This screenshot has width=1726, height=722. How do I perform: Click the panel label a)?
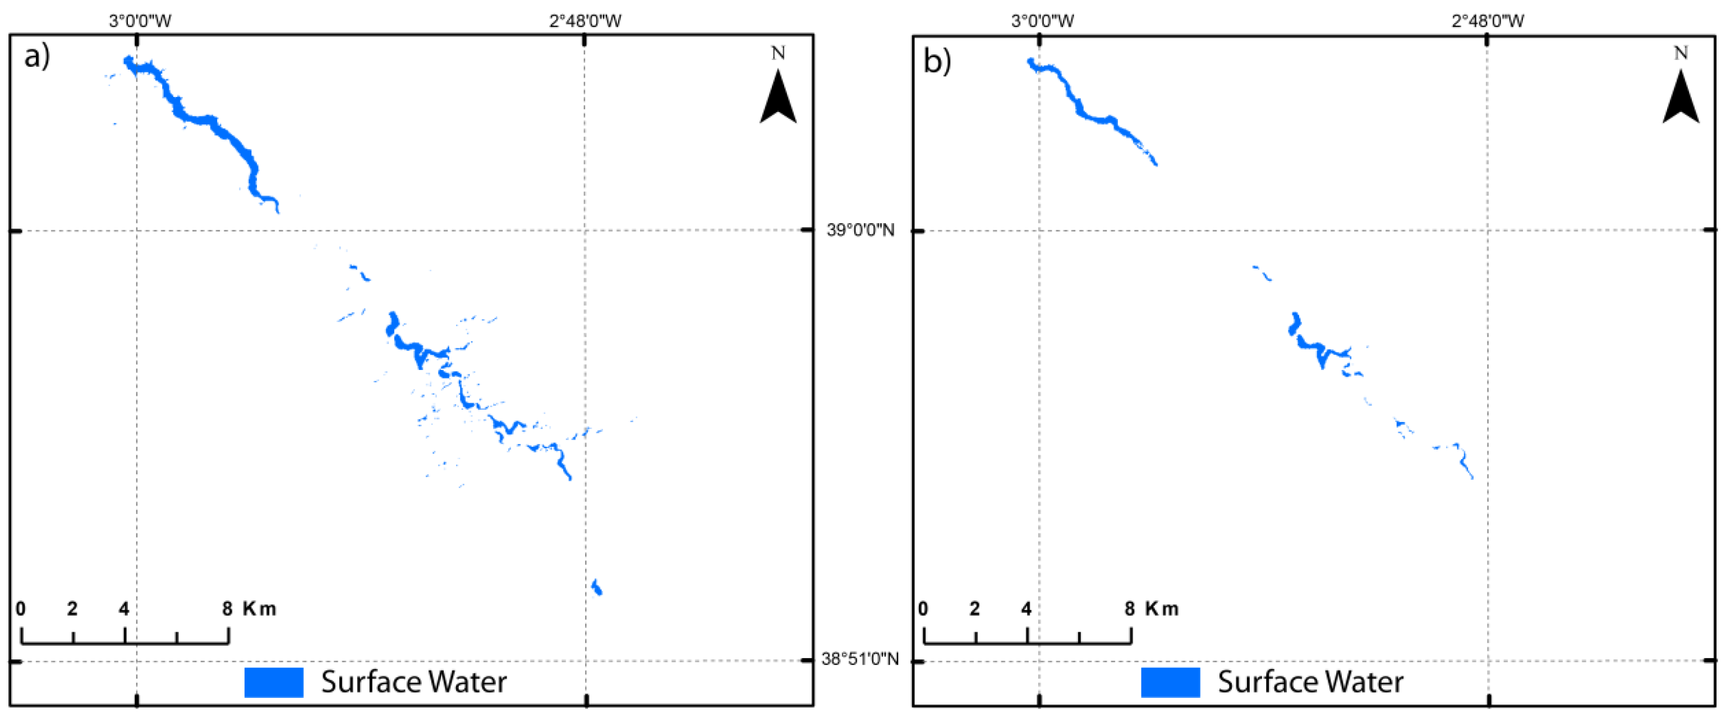[36, 57]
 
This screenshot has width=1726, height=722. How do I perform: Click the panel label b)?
[937, 61]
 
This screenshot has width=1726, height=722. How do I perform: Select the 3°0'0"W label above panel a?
[140, 21]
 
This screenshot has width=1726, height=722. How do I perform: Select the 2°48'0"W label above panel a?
[585, 21]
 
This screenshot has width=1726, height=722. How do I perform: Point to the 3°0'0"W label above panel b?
[1043, 21]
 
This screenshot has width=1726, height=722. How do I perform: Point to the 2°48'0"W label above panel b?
[1488, 21]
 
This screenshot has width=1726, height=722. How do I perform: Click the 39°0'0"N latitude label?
[860, 230]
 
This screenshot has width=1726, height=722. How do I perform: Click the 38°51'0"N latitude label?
[860, 659]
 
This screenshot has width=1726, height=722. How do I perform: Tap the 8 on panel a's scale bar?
[227, 609]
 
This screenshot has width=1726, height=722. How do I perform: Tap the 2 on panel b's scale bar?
[974, 609]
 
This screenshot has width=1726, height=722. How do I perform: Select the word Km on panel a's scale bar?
[259, 609]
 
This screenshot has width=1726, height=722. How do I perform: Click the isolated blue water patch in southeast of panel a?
[597, 587]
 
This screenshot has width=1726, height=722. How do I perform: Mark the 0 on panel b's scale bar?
[923, 609]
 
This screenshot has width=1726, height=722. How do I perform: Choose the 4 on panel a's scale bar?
[124, 609]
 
